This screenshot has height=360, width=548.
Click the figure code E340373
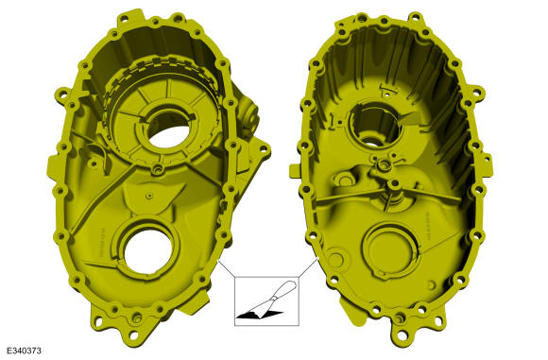coord(23,351)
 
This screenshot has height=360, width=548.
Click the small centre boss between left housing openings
coord(153,171)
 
